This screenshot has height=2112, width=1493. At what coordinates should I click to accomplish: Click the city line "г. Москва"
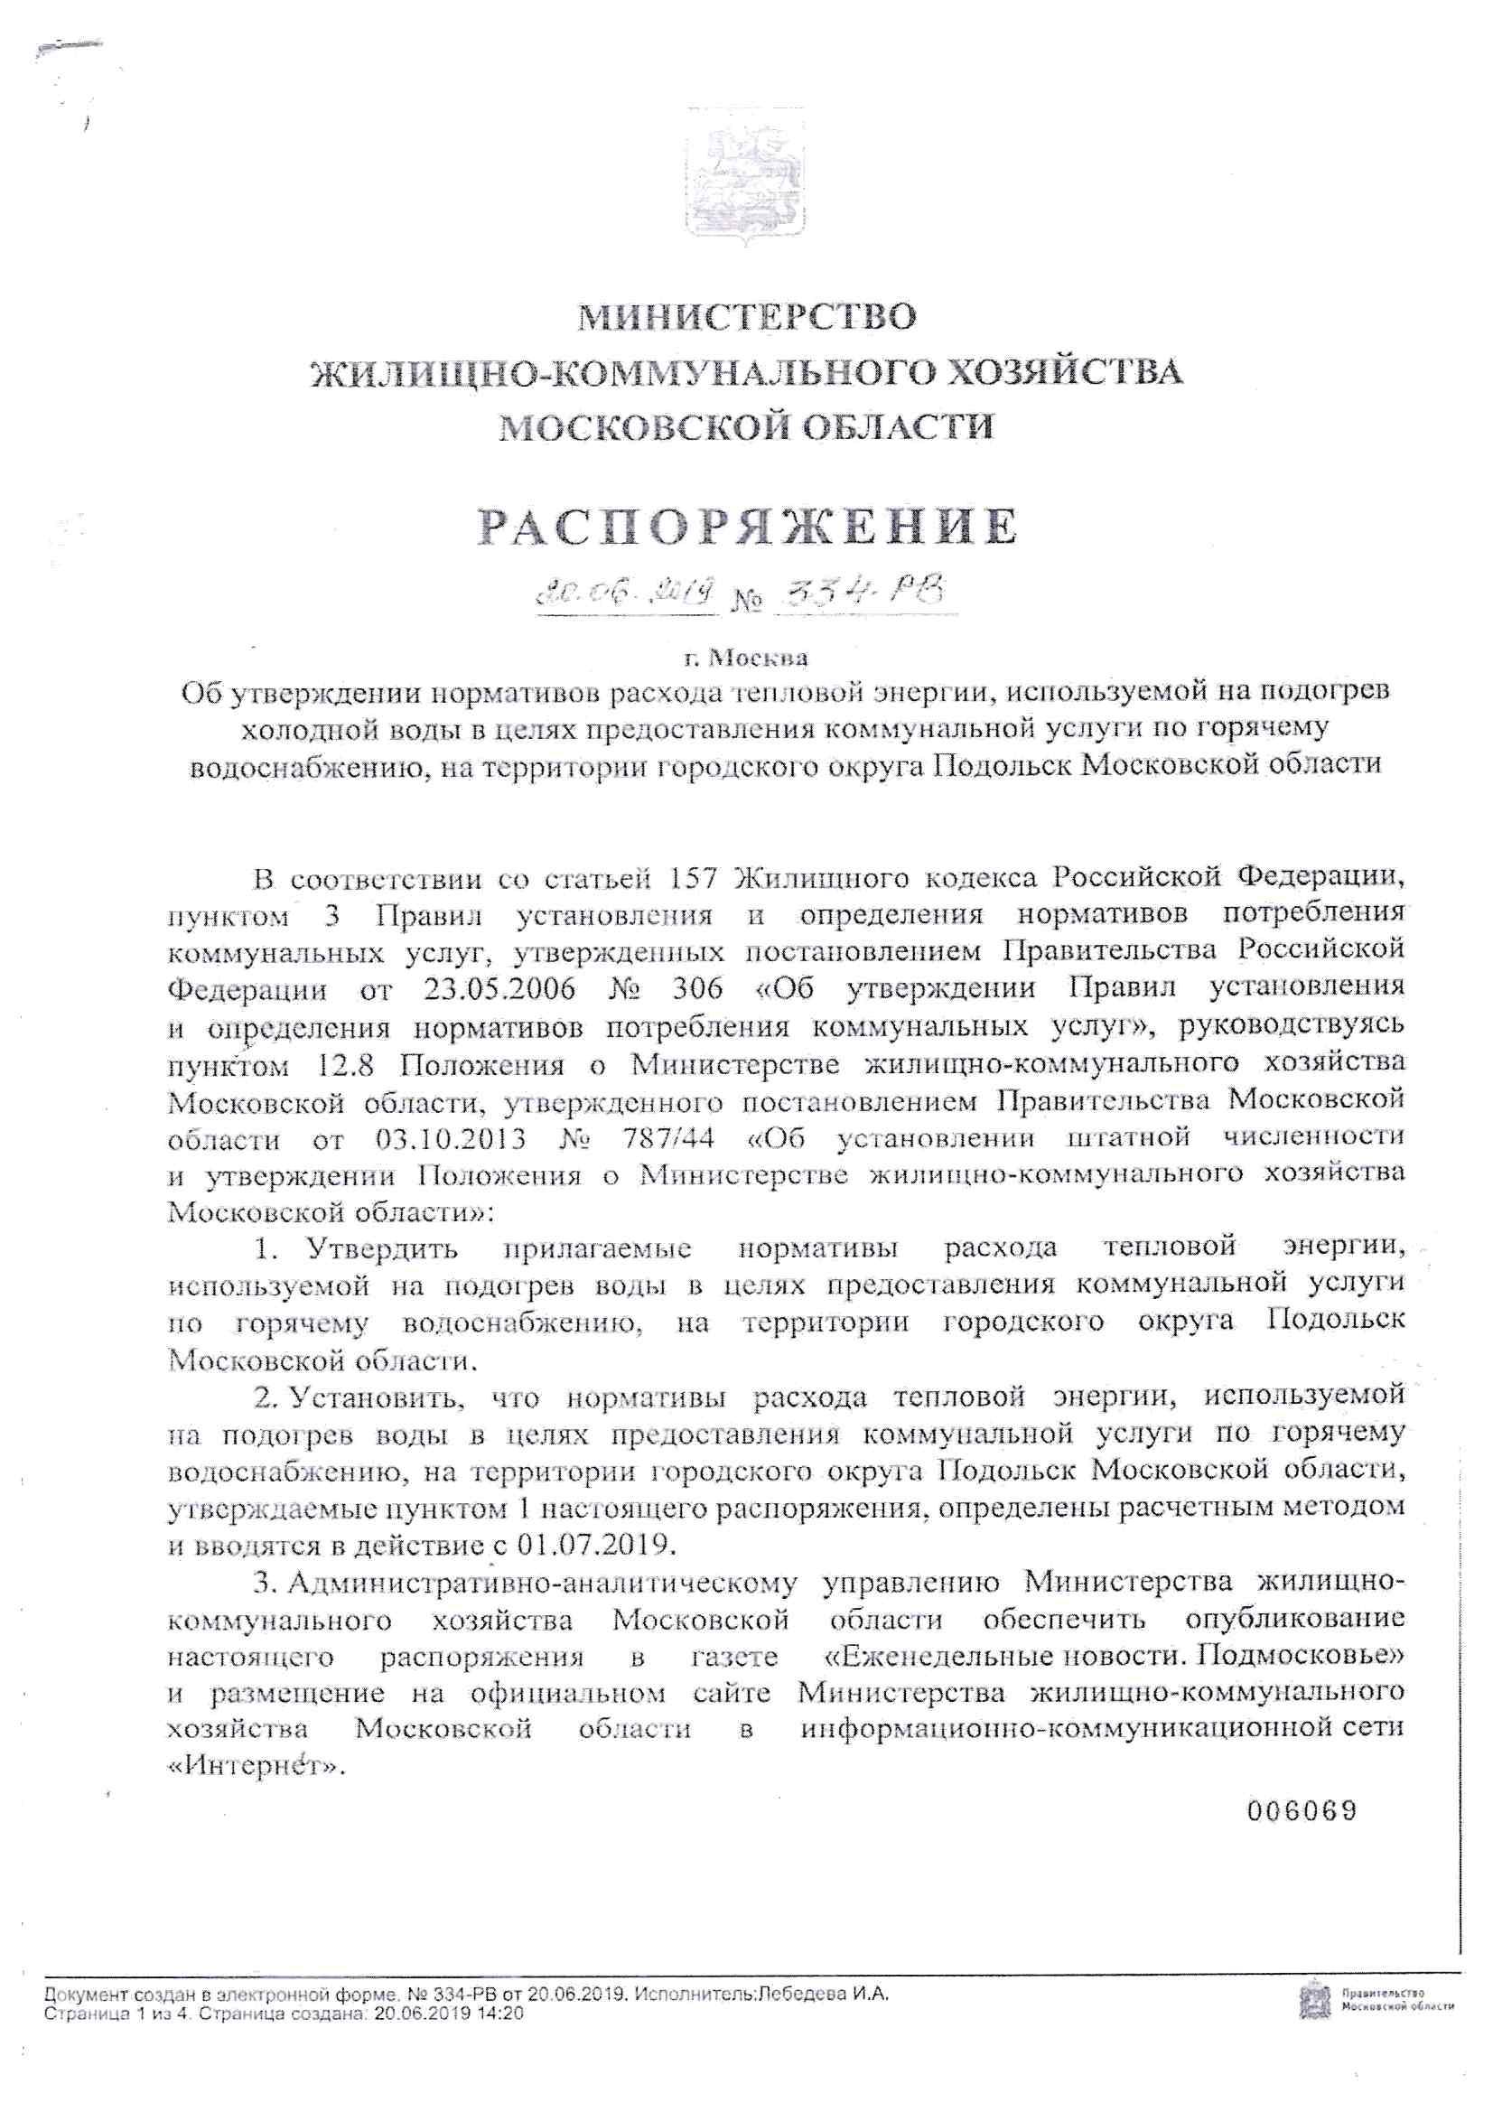click(x=746, y=658)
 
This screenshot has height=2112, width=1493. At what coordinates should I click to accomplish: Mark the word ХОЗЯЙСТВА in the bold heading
click(x=1065, y=372)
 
